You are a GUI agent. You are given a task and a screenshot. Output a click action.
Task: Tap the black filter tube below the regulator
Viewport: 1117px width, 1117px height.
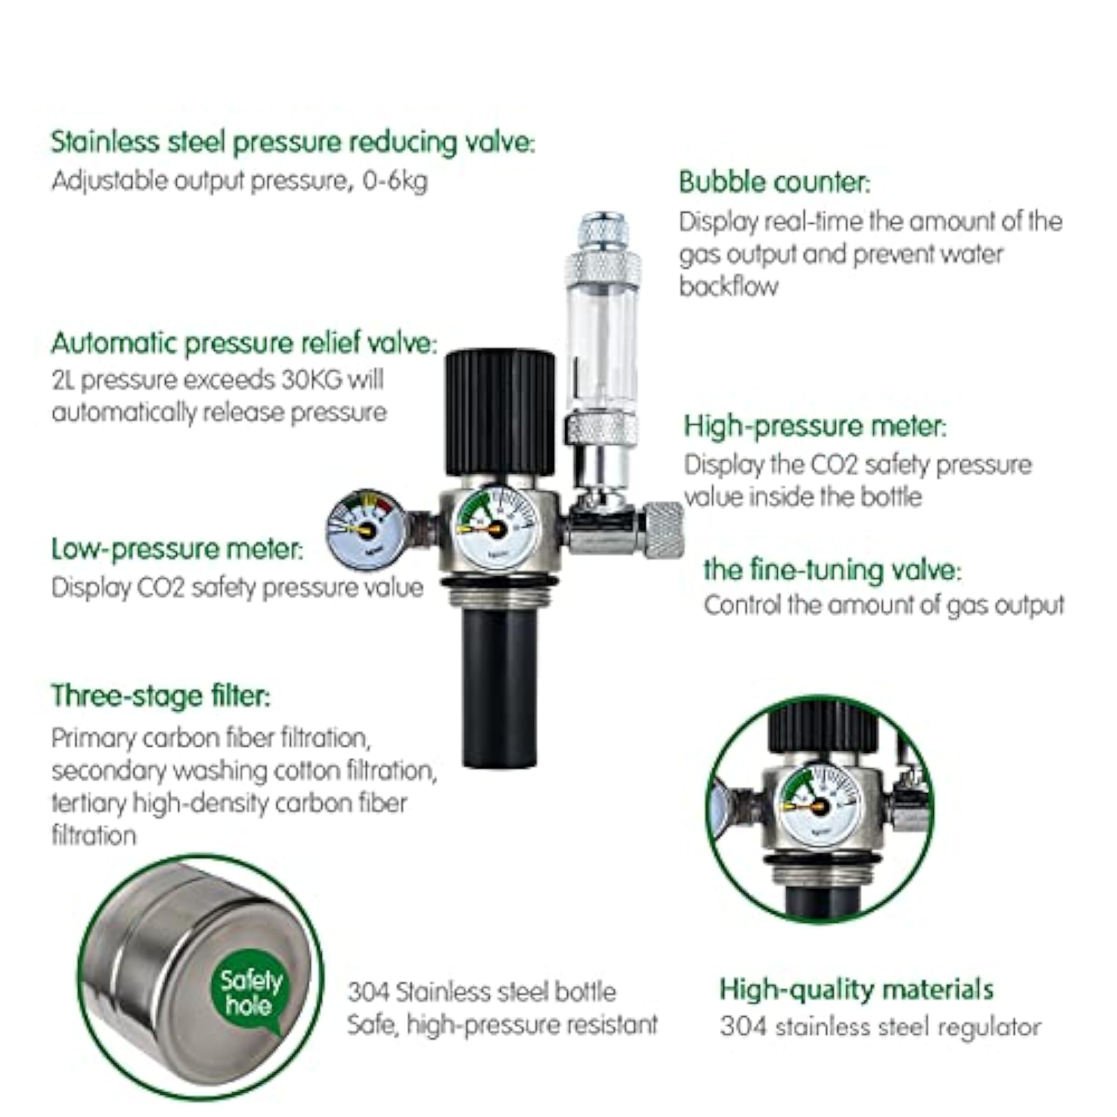point(499,688)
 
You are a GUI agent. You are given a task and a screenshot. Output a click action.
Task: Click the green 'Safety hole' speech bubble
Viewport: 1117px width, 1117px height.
point(250,993)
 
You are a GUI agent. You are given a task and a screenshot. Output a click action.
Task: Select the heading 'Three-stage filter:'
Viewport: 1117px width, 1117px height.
point(161,695)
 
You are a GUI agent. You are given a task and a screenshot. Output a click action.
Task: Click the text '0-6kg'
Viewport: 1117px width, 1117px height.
point(395,182)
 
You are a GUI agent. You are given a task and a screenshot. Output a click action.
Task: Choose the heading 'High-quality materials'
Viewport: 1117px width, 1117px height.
point(856,989)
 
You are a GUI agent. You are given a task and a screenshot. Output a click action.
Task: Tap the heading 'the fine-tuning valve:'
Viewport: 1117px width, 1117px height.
point(832,570)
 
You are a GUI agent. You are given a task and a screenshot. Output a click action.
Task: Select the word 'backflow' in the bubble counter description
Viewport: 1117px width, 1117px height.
point(728,286)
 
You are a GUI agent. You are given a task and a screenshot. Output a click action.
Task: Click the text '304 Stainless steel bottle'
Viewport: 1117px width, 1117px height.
point(482,993)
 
